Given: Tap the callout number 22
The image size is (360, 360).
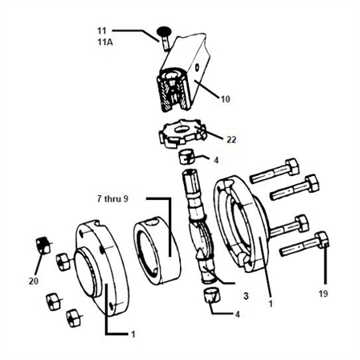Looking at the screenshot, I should pyautogui.click(x=231, y=139).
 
